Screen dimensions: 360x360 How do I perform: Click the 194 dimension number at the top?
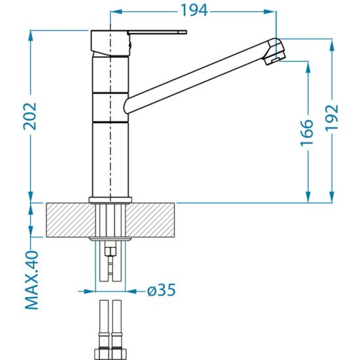(194, 11)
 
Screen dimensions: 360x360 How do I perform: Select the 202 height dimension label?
(30, 116)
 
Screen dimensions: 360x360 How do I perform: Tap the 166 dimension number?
(307, 133)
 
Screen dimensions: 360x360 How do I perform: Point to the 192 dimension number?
(332, 118)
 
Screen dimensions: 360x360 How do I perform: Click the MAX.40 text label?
(32, 281)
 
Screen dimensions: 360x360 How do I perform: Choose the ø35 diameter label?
(162, 290)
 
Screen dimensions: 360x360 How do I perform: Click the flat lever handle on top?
(157, 32)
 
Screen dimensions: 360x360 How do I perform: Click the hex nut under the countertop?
(110, 251)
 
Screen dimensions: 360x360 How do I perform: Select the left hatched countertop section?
(70, 219)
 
